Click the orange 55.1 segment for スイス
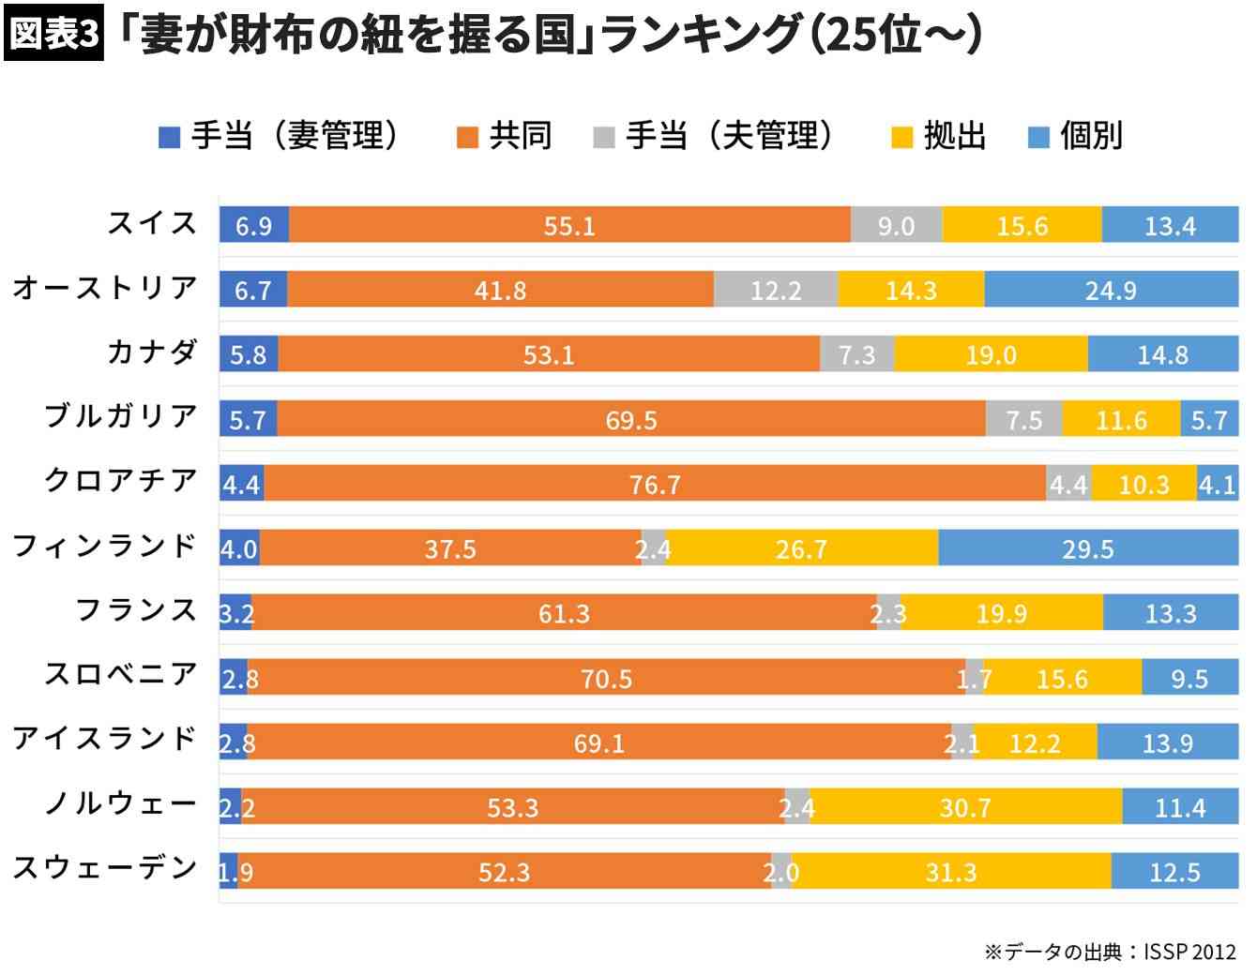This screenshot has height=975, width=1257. tap(569, 225)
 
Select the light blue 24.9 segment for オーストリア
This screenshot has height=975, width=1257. tap(1111, 290)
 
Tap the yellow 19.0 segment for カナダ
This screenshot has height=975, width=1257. tap(991, 354)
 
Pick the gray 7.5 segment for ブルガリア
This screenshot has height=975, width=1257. tap(1023, 419)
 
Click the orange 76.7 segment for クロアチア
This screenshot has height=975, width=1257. tap(655, 484)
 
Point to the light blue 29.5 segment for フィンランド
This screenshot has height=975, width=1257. tap(1087, 548)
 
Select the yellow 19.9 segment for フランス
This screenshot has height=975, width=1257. tap(1001, 613)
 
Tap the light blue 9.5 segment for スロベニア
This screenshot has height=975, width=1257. tap(1189, 678)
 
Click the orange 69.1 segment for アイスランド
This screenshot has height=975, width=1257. tap(598, 742)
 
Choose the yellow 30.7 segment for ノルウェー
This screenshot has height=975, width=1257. tap(965, 807)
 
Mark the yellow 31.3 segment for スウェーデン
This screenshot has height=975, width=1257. tap(951, 872)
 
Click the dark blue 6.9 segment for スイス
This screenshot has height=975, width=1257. tap(253, 225)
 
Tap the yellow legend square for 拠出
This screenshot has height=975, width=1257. tap(901, 138)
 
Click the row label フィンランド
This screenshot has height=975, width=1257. tap(104, 545)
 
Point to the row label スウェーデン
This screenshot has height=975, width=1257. tap(104, 867)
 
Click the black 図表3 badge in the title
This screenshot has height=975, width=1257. tap(53, 35)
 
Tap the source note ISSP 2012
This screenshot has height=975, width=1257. tap(1189, 952)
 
